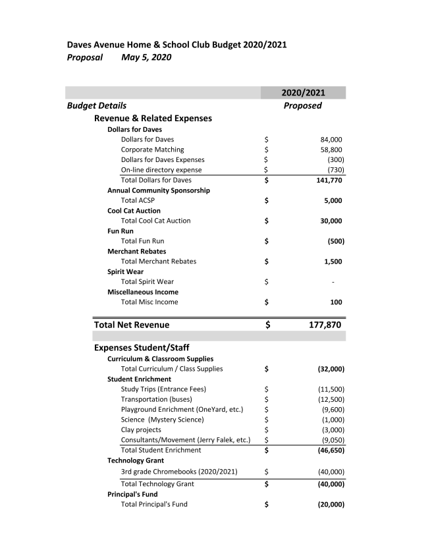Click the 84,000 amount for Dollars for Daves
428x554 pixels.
331,140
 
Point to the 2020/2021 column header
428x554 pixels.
303,93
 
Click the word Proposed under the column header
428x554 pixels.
302,105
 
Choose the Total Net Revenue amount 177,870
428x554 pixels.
325,325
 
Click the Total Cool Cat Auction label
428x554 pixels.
155,221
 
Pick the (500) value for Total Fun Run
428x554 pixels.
336,241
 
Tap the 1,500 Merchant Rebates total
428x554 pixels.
333,262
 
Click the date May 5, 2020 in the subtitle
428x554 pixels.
146,57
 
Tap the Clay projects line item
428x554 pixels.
141,429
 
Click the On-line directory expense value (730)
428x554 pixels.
336,170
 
